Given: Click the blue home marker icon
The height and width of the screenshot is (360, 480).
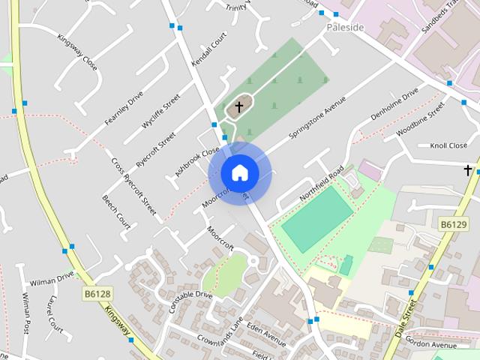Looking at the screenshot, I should coord(239,172).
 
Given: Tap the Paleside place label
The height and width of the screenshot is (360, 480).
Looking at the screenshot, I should coord(345,28).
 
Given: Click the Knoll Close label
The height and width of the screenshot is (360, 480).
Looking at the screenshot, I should coord(448,145).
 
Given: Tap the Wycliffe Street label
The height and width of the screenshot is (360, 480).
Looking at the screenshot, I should coord(161,108).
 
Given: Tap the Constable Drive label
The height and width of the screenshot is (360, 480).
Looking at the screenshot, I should coord(190,301).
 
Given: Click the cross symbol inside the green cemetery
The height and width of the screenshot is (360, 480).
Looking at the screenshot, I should coord(239,107).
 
